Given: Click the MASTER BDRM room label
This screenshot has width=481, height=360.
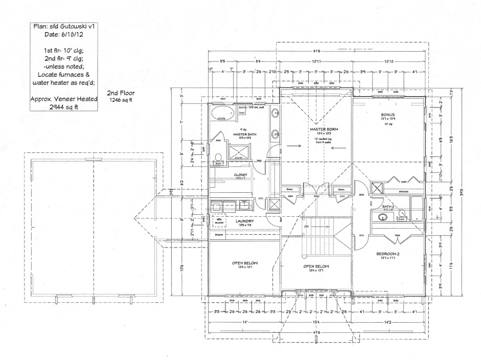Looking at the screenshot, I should point(317,129).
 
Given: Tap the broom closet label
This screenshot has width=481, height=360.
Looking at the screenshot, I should point(219,235).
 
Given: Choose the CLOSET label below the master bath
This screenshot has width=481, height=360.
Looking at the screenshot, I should point(241,175).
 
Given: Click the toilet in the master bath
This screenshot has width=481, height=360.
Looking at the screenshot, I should point(218,157).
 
